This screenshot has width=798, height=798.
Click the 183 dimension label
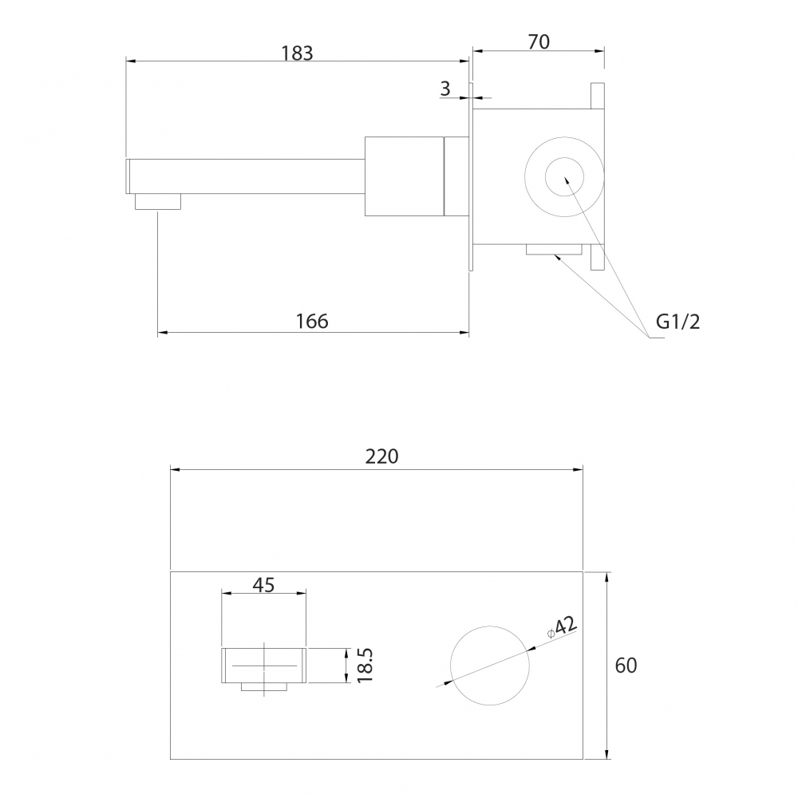(x=297, y=53)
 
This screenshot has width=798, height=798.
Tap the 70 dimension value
(x=539, y=42)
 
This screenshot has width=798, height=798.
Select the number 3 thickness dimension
(x=445, y=89)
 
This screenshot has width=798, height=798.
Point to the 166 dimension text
(x=312, y=321)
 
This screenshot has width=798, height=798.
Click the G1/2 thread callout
(x=678, y=322)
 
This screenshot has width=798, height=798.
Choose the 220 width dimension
(x=381, y=456)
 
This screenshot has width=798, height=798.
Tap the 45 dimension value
(x=263, y=585)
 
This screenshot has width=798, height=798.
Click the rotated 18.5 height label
(x=365, y=666)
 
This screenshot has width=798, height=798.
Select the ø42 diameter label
(x=562, y=627)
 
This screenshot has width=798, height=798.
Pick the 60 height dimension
(x=626, y=666)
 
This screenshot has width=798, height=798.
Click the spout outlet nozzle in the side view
(x=158, y=202)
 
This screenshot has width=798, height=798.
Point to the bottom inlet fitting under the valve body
(x=554, y=249)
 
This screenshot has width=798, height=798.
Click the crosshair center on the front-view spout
(x=264, y=666)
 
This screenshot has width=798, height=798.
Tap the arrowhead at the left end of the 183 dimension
(x=131, y=61)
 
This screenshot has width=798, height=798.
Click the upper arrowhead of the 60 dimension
(x=606, y=577)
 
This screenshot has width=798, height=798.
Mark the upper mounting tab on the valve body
(x=598, y=97)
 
